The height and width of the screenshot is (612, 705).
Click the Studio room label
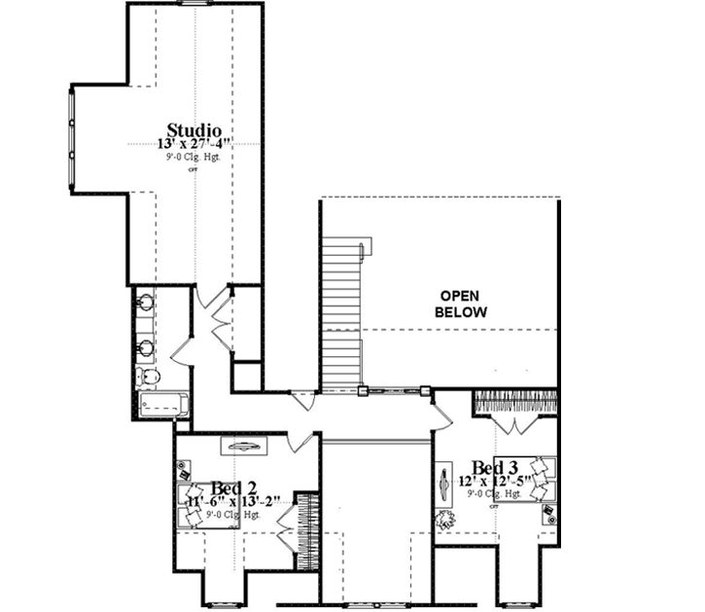pyautogui.click(x=194, y=129)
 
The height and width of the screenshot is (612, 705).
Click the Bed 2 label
pyautogui.click(x=233, y=487)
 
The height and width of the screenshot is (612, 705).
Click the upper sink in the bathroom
pyautogui.click(x=147, y=303)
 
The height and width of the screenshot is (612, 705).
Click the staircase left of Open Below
pyautogui.click(x=340, y=312)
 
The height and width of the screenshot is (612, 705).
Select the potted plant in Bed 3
pyautogui.click(x=445, y=517)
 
